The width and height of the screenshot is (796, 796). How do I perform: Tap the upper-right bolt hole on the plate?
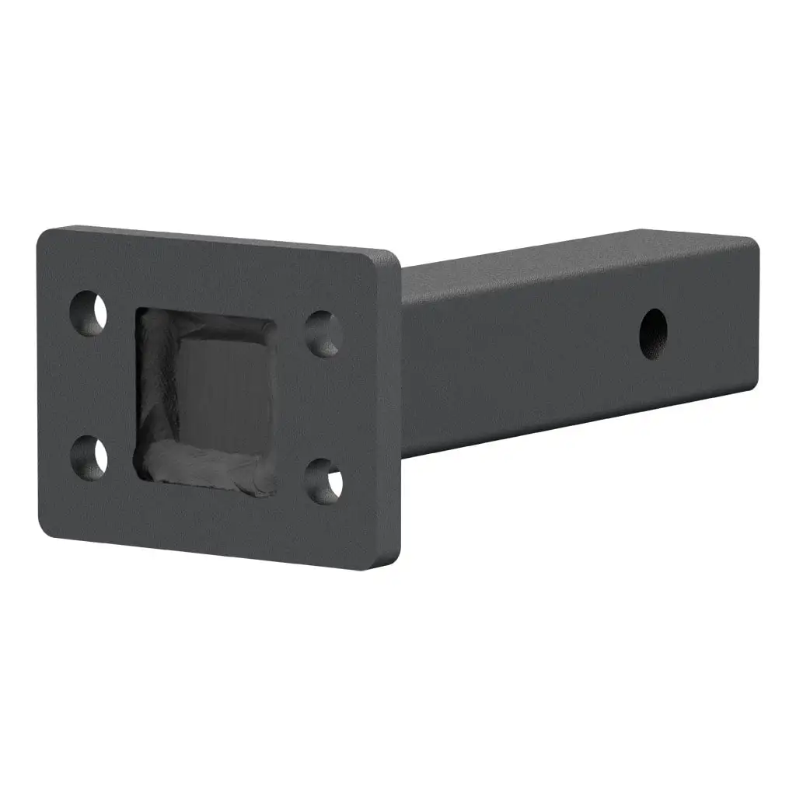[x=323, y=333]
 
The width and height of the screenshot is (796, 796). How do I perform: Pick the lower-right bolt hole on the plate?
[x=323, y=480]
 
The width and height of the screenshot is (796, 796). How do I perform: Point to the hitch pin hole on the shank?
[x=653, y=333]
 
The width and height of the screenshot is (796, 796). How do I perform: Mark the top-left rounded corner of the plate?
[x=45, y=236]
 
